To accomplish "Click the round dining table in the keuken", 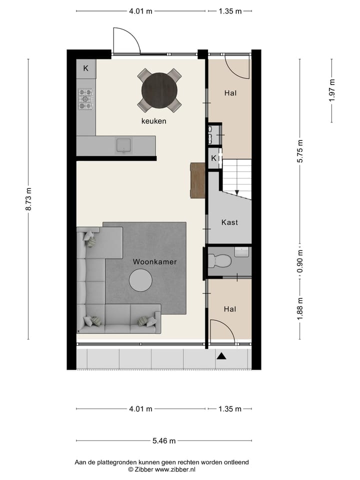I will (159, 90).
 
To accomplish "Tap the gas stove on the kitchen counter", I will (85, 99).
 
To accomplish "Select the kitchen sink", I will (123, 145).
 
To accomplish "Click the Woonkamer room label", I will (154, 261).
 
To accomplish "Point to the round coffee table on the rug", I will (141, 280).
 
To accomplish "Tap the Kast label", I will (229, 222).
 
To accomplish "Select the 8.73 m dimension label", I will (28, 199).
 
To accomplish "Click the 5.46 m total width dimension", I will (164, 440).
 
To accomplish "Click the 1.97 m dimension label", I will (331, 90).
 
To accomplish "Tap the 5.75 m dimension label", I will (300, 151).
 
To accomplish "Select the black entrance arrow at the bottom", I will (221, 356).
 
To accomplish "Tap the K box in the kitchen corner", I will (85, 68).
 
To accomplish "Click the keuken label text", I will (153, 121).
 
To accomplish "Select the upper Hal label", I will (230, 93).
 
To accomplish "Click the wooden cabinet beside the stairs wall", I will (198, 180).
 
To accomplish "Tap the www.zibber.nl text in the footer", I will (175, 469).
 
